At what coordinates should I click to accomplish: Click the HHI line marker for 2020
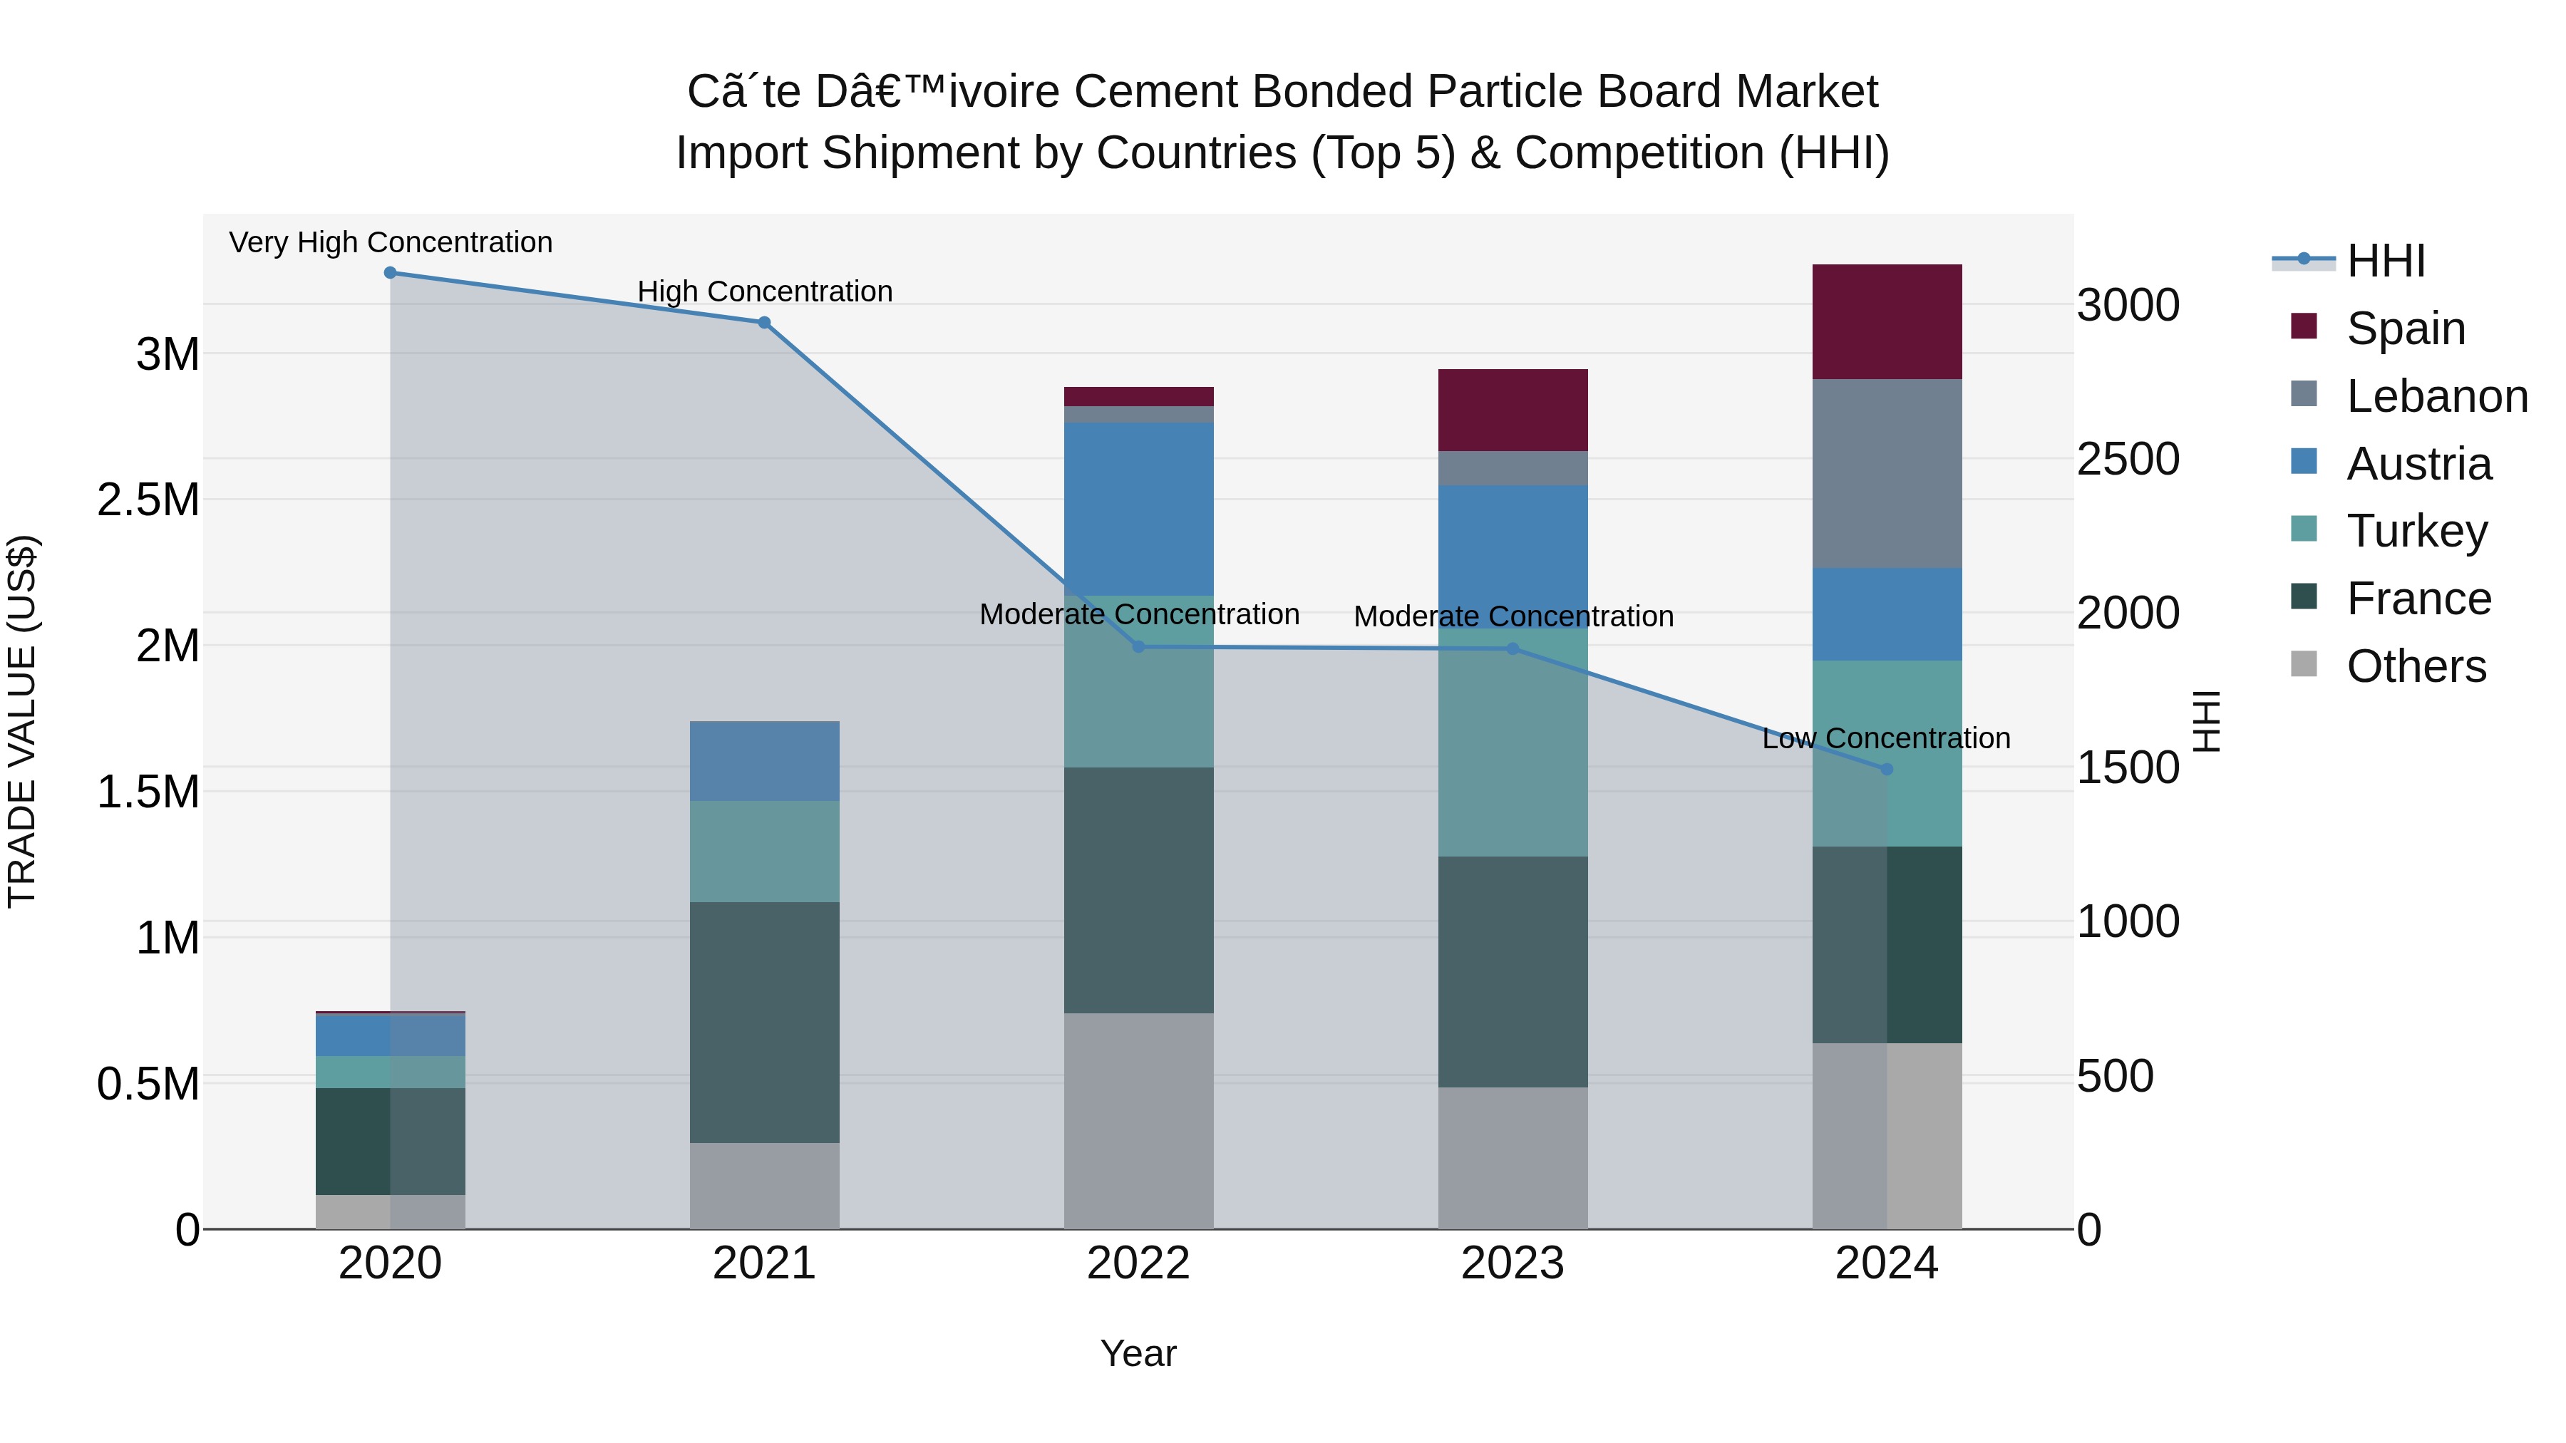pos(391,273)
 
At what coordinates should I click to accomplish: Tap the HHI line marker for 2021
pos(764,323)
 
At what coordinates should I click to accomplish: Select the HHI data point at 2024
pos(1887,770)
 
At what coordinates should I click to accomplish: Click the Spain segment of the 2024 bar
pos(1887,321)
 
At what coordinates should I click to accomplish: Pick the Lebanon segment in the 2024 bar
pos(1887,474)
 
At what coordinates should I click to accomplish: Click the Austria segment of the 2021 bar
pos(764,762)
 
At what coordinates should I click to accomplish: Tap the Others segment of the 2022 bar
pos(1138,1122)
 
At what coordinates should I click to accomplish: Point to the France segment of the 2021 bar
pos(764,1023)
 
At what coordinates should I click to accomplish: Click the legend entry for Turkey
pos(2416,532)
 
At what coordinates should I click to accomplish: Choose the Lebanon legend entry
pos(2436,396)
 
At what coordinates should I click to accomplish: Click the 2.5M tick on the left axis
pos(148,500)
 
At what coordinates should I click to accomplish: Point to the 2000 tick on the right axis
pos(2128,614)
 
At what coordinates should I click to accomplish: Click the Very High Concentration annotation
pos(391,243)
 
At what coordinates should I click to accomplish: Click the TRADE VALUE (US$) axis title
pos(22,721)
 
